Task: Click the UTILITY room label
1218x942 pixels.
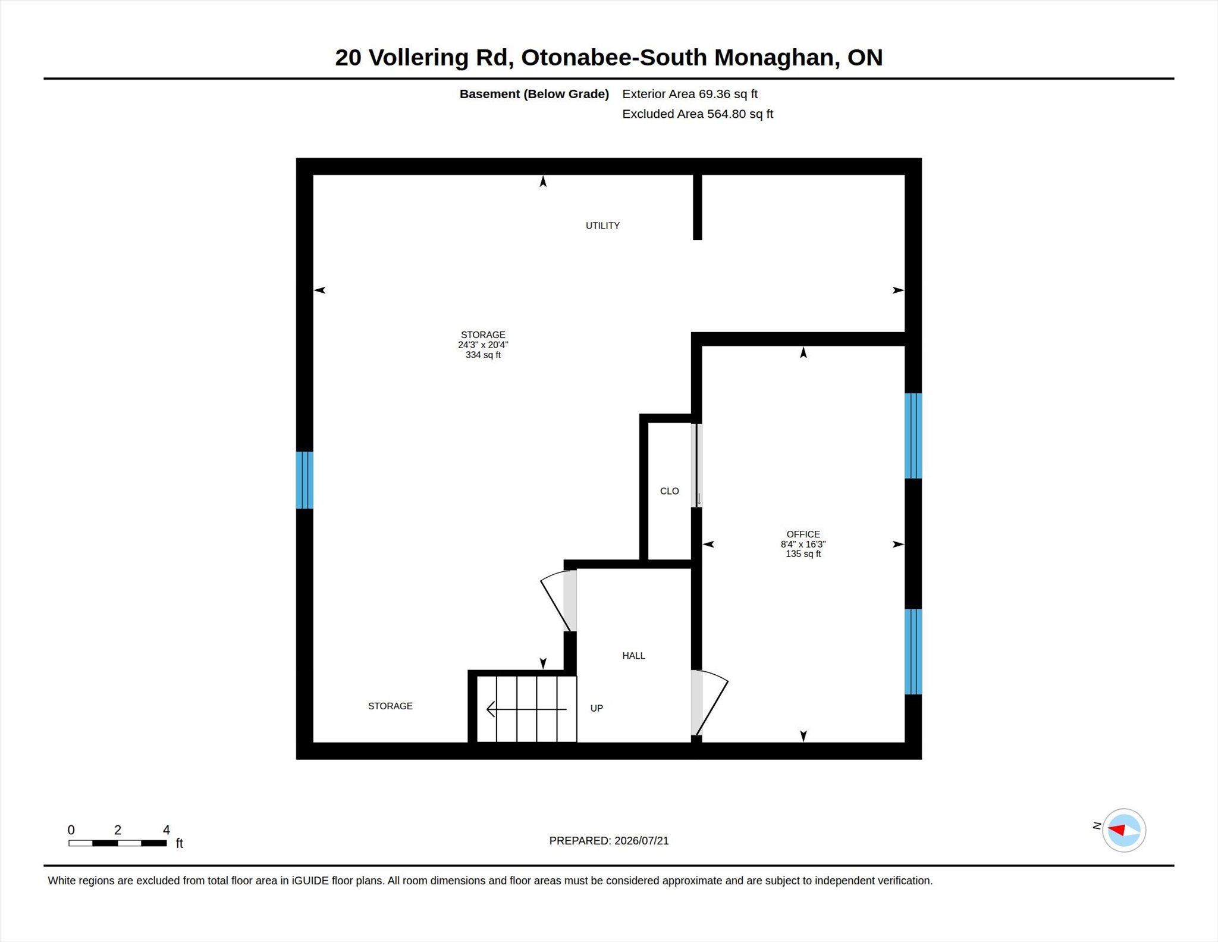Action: pos(602,226)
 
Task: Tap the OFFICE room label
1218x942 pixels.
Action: pos(803,534)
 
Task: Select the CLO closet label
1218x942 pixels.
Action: pos(669,491)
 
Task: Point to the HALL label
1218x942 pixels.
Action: pos(633,656)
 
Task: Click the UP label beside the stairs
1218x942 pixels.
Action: pos(597,708)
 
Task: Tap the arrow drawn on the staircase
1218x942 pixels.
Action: pos(526,709)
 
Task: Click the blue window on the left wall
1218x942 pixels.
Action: pos(304,480)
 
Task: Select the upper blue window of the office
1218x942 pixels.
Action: pos(913,436)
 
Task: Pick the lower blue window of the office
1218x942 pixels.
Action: pos(913,652)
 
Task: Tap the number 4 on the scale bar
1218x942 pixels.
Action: pos(167,830)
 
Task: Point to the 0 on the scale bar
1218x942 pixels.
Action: pos(71,830)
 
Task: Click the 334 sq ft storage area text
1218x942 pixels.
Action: pos(483,355)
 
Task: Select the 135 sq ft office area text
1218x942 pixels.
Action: pos(803,554)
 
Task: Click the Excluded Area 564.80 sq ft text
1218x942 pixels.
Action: pos(698,114)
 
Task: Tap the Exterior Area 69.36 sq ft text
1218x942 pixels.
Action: pos(690,94)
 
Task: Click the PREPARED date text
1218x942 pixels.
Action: pos(609,841)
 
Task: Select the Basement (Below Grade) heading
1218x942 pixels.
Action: pos(534,94)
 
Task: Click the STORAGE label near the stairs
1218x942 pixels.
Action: pos(390,706)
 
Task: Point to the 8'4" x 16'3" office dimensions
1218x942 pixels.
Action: pos(803,544)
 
